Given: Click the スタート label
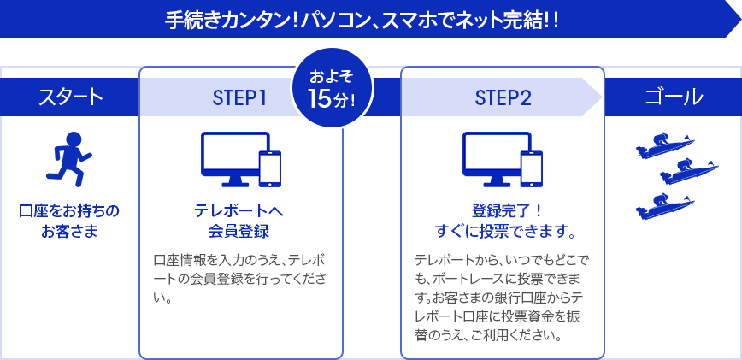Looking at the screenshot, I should click(69, 97).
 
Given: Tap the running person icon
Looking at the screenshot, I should click(69, 158).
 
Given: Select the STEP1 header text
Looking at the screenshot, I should click(239, 97).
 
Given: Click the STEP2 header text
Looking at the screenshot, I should click(503, 97).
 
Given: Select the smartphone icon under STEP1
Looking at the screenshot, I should click(270, 168).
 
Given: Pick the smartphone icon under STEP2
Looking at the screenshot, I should click(533, 168).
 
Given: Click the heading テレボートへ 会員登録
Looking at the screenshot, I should click(239, 221).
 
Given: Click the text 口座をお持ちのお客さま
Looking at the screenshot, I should click(69, 220).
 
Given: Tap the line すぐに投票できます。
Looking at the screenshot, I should click(504, 231).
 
